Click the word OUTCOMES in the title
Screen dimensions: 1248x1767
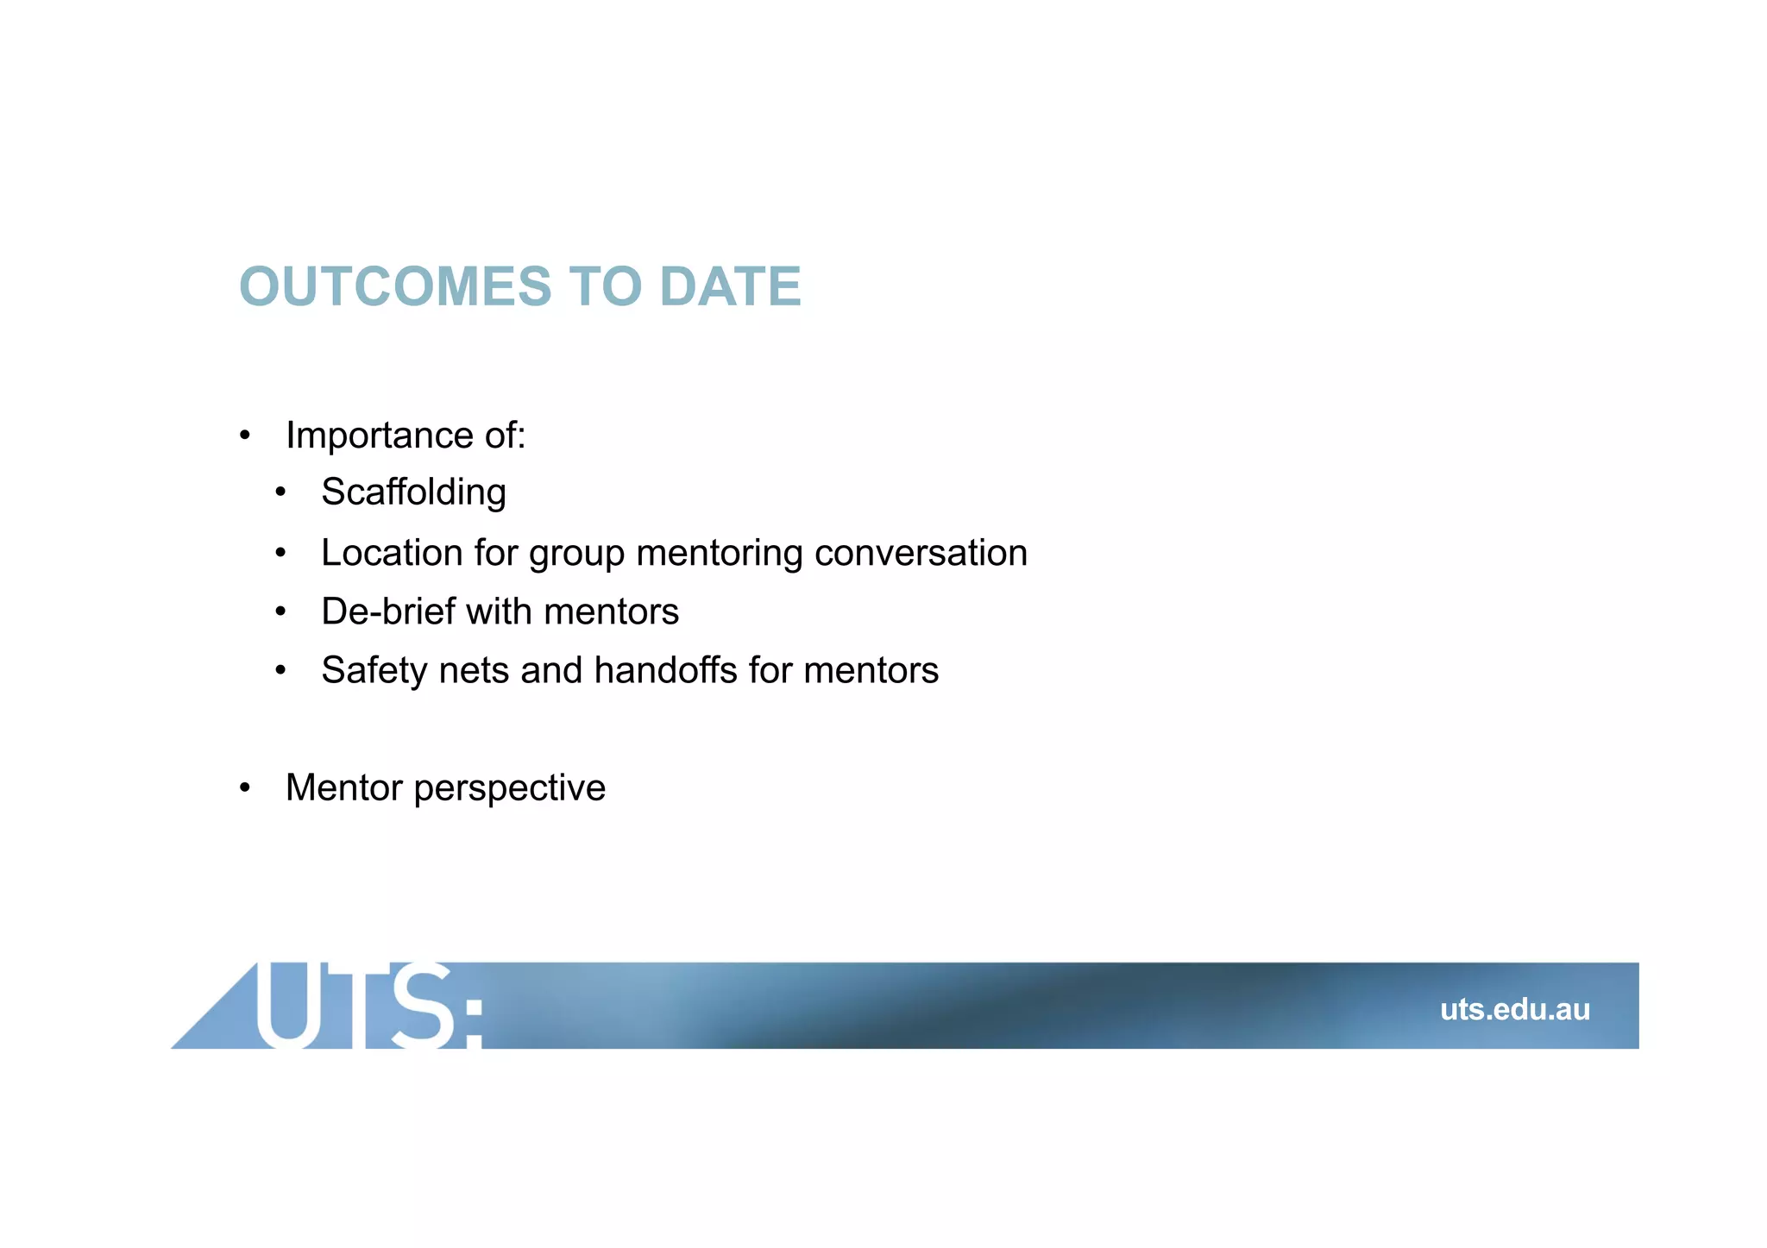pos(395,286)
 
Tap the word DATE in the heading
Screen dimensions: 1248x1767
pos(730,286)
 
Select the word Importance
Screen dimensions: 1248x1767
pos(379,436)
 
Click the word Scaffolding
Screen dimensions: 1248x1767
pos(413,492)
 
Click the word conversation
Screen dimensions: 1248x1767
pos(921,553)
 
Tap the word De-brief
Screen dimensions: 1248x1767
pos(388,611)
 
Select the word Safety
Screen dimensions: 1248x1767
pos(374,671)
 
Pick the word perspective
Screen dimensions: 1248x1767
pos(510,788)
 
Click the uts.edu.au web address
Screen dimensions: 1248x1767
pos(1514,1009)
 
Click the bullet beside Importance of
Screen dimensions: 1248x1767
pos(245,436)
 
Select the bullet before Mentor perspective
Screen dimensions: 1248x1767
pos(245,787)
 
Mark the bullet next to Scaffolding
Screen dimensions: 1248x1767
pos(280,493)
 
